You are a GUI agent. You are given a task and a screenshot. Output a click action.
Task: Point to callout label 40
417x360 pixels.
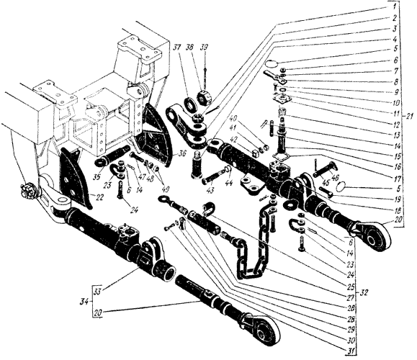click(x=234, y=118)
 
